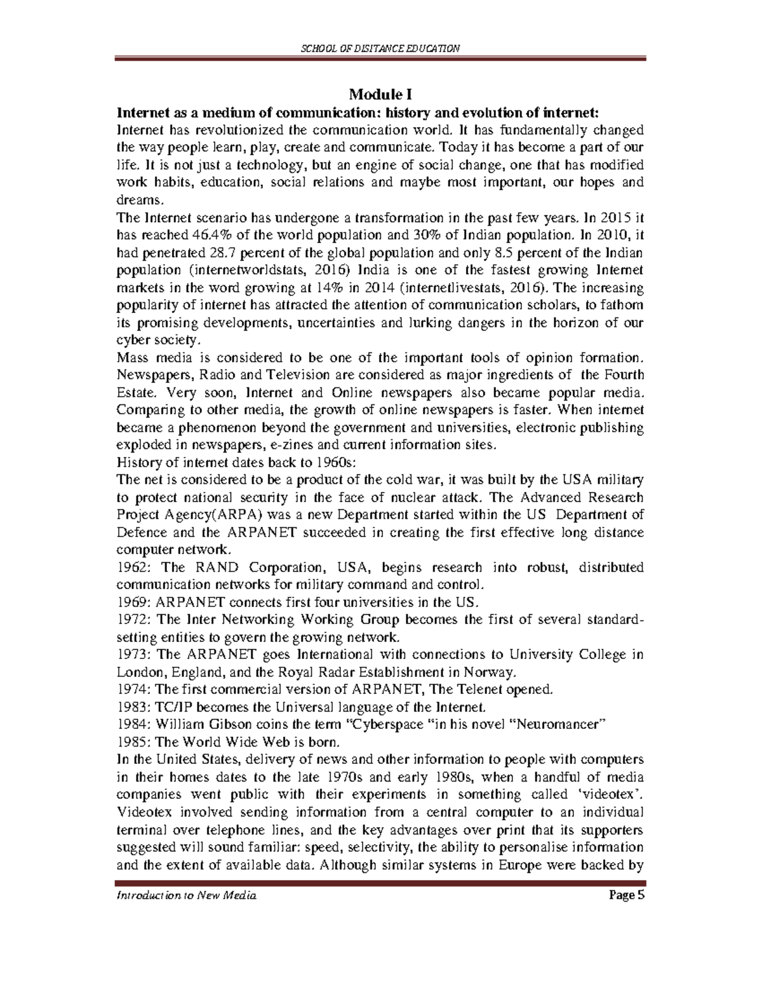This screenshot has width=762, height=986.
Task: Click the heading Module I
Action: coord(380,96)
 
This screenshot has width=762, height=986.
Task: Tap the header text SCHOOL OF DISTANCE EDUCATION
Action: coord(380,49)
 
